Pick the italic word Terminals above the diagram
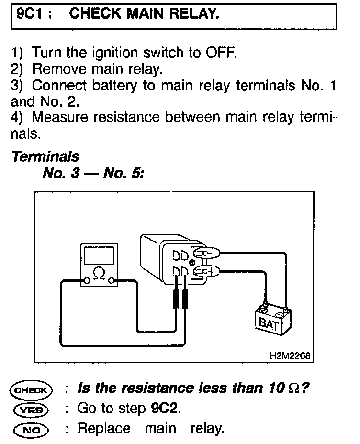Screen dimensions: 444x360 pos(45,156)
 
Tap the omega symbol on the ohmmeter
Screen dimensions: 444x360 pos(99,274)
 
